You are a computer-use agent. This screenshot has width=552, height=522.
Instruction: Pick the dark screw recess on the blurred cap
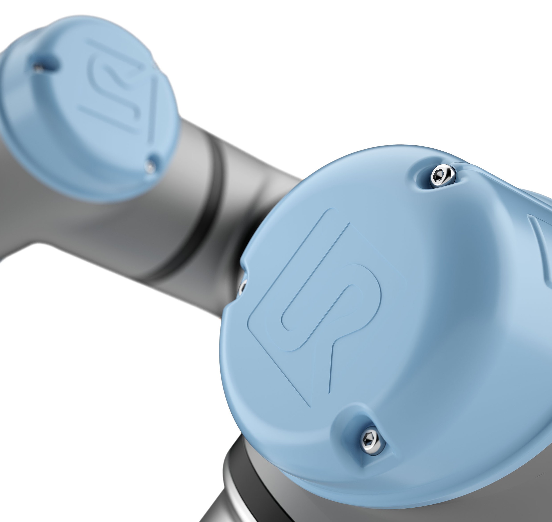point(45,65)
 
